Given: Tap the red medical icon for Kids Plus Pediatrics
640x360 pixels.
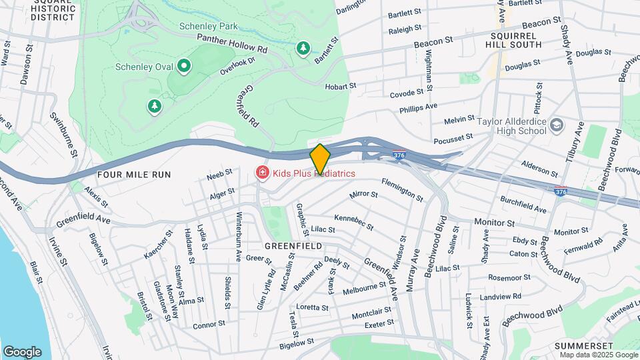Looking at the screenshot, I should click(263, 173).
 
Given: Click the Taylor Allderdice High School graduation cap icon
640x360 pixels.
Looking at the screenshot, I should click(555, 125).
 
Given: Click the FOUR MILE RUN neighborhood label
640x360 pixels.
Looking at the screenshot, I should click(134, 175).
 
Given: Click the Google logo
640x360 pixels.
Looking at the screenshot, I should click(22, 351).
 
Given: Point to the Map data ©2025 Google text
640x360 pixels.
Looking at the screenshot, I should click(599, 355).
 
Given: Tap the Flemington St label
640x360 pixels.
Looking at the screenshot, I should click(401, 189).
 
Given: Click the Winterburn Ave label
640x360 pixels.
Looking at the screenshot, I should click(239, 237).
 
